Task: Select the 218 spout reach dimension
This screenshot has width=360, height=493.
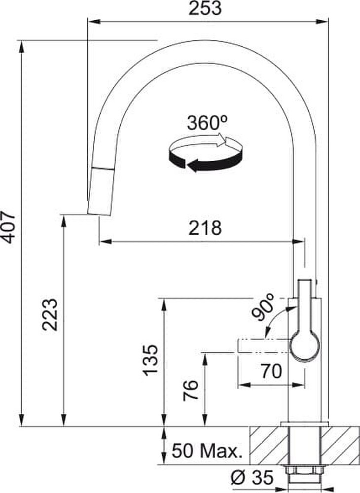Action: pyautogui.click(x=205, y=228)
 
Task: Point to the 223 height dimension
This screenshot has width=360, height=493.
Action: pyautogui.click(x=50, y=315)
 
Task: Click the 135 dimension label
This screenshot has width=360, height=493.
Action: pyautogui.click(x=150, y=360)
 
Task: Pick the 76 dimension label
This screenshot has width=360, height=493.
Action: pyautogui.click(x=190, y=390)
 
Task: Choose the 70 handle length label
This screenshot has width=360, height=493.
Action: pyautogui.click(x=271, y=371)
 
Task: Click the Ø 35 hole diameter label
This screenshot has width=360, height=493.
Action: pyautogui.click(x=252, y=478)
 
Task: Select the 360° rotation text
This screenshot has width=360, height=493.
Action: pyautogui.click(x=207, y=123)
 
